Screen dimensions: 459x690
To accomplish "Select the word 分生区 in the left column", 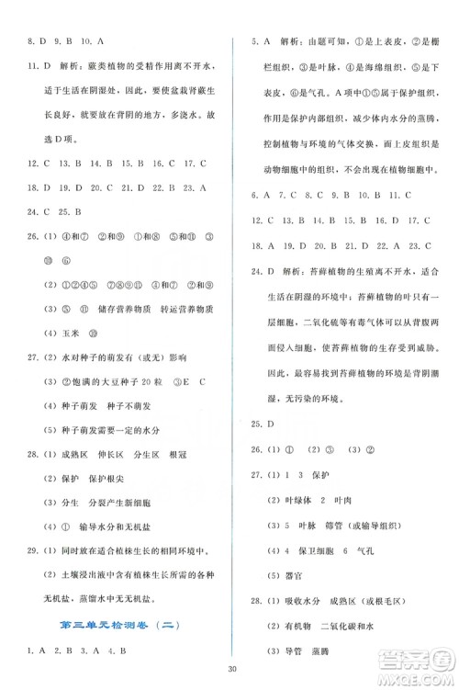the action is click(x=136, y=478).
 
